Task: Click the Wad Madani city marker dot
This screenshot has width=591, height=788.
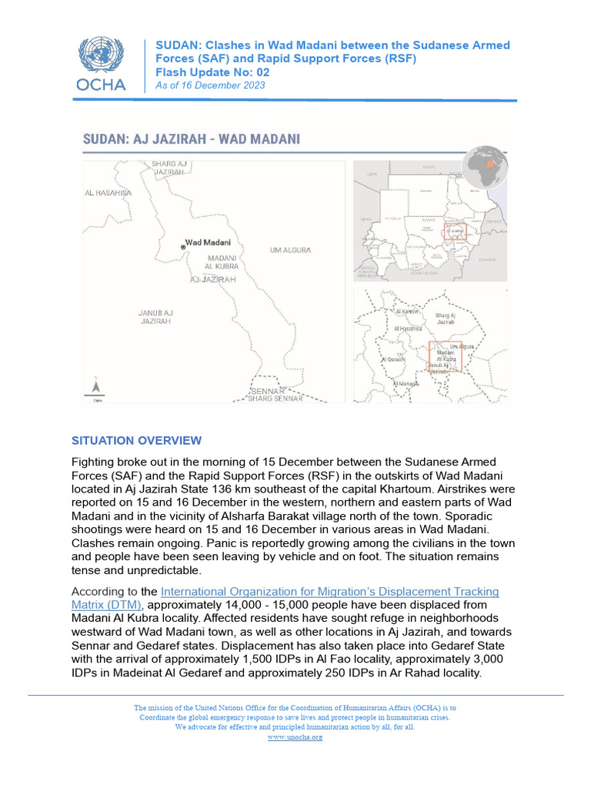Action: (183, 247)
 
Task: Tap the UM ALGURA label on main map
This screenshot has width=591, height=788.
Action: (290, 250)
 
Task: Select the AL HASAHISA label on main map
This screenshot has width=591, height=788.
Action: (109, 193)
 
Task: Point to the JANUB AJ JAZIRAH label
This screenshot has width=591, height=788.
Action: (155, 316)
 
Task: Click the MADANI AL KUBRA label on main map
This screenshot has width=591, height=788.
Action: (222, 262)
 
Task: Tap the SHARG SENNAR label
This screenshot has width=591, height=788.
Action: (275, 399)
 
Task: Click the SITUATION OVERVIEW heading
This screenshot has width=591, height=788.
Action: (136, 441)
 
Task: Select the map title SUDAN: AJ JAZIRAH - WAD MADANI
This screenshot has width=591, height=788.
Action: (192, 139)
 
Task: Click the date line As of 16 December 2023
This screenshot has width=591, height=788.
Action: (210, 85)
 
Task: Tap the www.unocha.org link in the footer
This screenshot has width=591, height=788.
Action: (295, 737)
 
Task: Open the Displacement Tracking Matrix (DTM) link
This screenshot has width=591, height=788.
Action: (285, 598)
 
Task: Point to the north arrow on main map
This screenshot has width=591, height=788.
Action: (96, 388)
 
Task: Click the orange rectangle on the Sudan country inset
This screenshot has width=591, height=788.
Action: (457, 232)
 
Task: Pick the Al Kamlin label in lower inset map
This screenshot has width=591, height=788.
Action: (406, 312)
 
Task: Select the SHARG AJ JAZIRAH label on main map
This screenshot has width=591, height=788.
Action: (169, 168)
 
